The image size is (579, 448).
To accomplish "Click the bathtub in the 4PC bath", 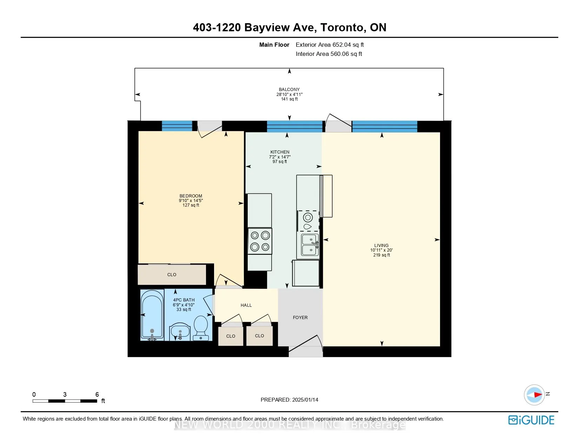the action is (x=152, y=315).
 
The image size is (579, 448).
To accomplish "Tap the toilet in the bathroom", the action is (x=201, y=328).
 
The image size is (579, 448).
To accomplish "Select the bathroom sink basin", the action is (x=180, y=331).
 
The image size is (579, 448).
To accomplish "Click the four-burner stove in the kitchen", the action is (x=260, y=241).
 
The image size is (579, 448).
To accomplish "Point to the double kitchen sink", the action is (x=310, y=245).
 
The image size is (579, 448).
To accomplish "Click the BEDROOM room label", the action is (x=191, y=196).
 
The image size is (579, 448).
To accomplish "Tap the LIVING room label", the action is (x=381, y=246).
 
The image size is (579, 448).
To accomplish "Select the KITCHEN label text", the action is (x=280, y=152).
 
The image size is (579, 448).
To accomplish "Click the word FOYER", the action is (x=300, y=318).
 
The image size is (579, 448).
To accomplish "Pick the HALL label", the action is (x=246, y=305).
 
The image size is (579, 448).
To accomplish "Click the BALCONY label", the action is (x=289, y=90).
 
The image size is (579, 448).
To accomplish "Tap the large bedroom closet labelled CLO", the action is (x=172, y=274).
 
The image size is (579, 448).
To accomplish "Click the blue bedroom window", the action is (x=177, y=126).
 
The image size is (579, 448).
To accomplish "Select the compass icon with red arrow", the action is (x=534, y=395).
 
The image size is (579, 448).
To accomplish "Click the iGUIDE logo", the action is (x=531, y=420).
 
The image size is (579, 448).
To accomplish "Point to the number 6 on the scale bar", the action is (x=97, y=394).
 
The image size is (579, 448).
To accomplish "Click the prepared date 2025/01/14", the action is (x=305, y=400).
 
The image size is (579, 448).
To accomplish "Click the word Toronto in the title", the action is (x=341, y=27).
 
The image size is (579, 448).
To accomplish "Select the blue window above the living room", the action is (x=385, y=126).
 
